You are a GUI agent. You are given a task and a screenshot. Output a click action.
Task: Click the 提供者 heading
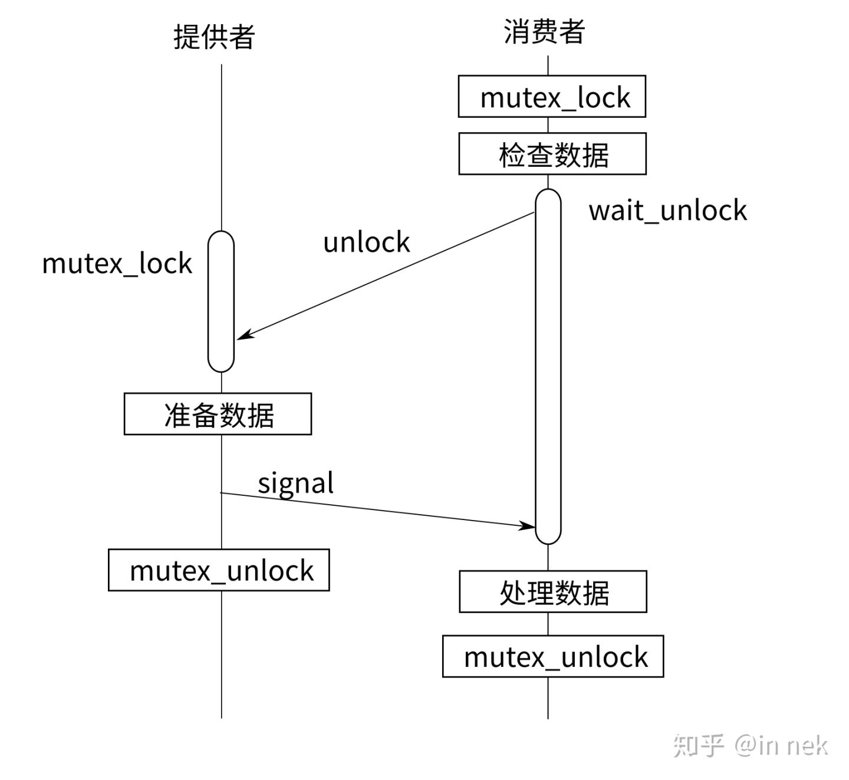point(214,37)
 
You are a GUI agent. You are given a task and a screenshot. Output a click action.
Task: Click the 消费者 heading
point(544,32)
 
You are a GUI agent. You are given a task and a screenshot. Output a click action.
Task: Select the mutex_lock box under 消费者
point(552,97)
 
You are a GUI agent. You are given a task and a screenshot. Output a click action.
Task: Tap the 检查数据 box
point(552,154)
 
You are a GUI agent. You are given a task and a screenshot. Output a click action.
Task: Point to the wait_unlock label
point(667,211)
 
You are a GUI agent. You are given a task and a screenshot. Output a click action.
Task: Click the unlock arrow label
point(366,242)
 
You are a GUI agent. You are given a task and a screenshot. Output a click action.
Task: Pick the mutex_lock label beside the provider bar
point(117,264)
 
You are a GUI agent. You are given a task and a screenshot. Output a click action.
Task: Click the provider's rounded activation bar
point(221,301)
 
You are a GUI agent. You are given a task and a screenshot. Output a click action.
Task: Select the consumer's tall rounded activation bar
point(548,366)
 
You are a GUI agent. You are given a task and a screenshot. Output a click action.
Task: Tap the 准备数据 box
point(218,414)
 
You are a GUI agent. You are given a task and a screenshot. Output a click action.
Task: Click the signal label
point(295,483)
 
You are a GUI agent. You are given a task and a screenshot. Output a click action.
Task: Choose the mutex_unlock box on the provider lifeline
point(219,570)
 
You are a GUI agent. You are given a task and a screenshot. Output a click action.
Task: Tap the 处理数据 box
point(553,592)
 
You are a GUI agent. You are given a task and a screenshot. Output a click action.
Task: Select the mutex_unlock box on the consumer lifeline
point(553,656)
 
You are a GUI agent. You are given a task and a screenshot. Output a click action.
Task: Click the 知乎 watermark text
point(698,745)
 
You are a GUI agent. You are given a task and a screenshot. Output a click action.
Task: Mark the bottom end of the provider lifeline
point(222,716)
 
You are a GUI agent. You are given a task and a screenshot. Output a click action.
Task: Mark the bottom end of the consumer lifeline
point(548,716)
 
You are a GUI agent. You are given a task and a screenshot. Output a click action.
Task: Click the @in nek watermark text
point(781,746)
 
